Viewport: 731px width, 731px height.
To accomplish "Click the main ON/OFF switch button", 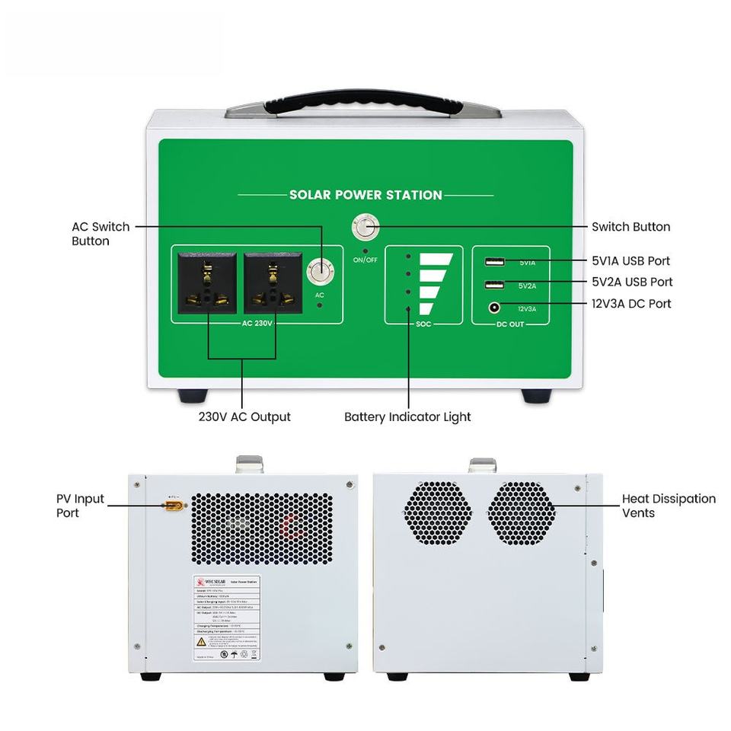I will pyautogui.click(x=365, y=228).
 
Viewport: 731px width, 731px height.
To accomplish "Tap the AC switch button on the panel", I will pyautogui.click(x=320, y=271).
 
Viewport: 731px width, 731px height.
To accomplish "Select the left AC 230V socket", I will pyautogui.click(x=207, y=283).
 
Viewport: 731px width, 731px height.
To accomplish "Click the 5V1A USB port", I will pyautogui.click(x=494, y=263).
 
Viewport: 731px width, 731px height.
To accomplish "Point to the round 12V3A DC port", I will pyautogui.click(x=495, y=308).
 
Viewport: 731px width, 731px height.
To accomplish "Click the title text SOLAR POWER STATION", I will pyautogui.click(x=365, y=195).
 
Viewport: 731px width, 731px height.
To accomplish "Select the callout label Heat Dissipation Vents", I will pyautogui.click(x=669, y=506).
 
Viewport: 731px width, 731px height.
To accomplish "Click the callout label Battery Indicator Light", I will pyautogui.click(x=407, y=417).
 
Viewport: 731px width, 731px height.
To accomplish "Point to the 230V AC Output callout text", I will pyautogui.click(x=244, y=417).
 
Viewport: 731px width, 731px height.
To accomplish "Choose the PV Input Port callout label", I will pyautogui.click(x=80, y=506).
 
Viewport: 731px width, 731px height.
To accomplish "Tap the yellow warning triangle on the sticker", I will pyautogui.click(x=201, y=642).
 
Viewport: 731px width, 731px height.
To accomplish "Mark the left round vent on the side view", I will pyautogui.click(x=438, y=512).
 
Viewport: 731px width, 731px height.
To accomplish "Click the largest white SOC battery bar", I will pyautogui.click(x=439, y=260).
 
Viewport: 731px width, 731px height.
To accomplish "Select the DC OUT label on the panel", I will pyautogui.click(x=510, y=324).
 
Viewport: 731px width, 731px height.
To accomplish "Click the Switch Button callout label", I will pyautogui.click(x=630, y=227).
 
